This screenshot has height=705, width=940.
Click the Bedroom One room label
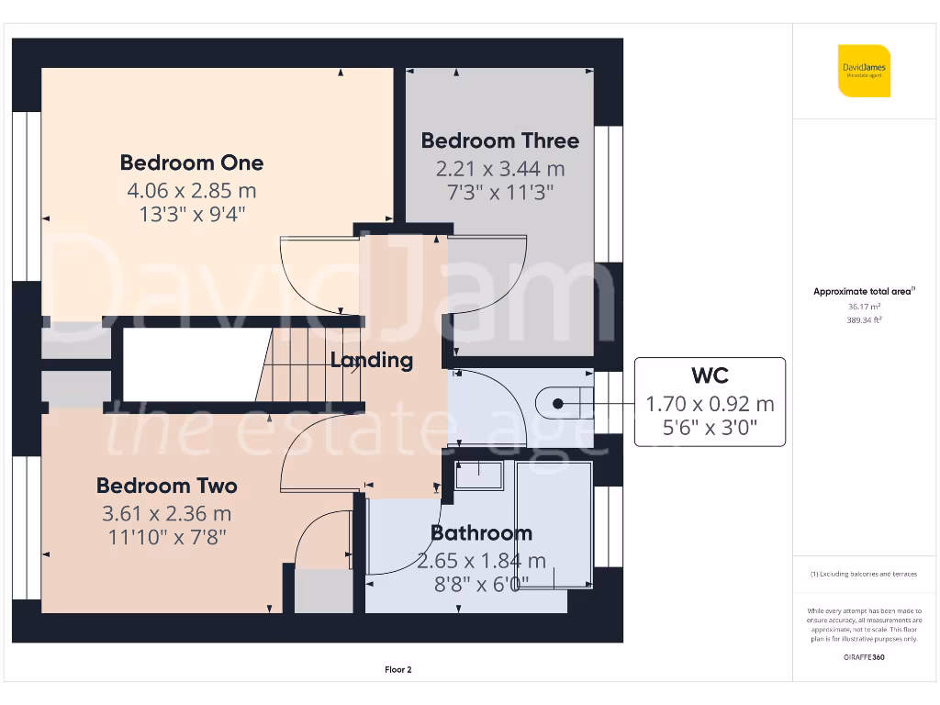click(191, 162)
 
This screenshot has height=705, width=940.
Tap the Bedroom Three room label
click(500, 140)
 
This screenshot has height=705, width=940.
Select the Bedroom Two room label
click(166, 486)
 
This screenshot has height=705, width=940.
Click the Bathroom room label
click(481, 533)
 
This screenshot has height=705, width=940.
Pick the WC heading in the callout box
click(710, 375)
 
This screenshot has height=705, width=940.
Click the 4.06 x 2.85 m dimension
click(191, 191)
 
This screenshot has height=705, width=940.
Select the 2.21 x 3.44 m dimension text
click(500, 169)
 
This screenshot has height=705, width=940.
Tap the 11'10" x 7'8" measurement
click(166, 536)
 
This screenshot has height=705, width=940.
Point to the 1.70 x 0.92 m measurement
click(710, 404)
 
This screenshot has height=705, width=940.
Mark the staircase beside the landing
click(308, 365)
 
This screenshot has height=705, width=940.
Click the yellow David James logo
click(864, 71)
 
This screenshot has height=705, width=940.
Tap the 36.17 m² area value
click(864, 307)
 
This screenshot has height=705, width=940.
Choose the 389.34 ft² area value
click(864, 320)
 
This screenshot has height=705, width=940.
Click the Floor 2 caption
click(397, 670)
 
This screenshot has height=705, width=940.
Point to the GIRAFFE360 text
click(864, 656)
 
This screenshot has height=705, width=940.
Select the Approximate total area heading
click(863, 292)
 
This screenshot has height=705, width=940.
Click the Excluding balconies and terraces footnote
click(864, 574)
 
